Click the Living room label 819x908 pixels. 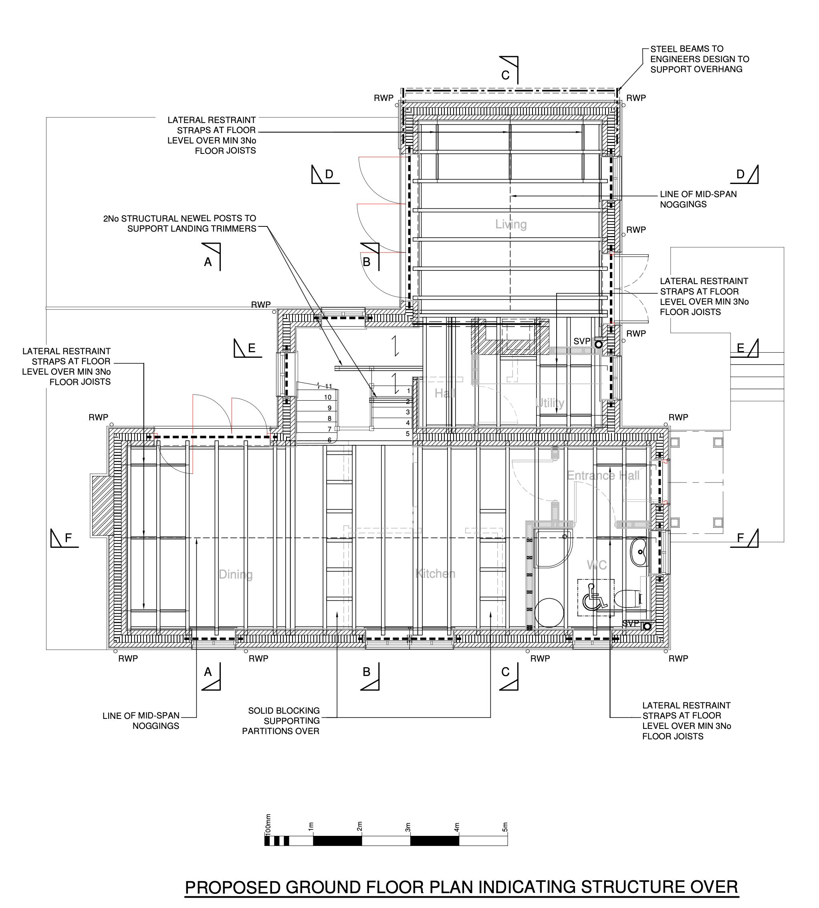(510, 224)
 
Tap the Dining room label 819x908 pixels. (235, 575)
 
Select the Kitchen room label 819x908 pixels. (435, 574)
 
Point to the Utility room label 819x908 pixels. (549, 403)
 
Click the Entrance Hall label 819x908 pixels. (603, 476)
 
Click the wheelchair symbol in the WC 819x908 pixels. (595, 597)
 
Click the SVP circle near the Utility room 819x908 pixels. (599, 344)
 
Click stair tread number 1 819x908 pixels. (409, 391)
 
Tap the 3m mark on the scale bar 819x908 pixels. (408, 827)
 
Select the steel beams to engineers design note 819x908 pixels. (699, 59)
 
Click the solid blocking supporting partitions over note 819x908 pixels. (281, 720)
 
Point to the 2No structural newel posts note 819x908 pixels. (180, 224)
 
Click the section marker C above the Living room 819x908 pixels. (505, 75)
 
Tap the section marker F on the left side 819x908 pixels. (69, 538)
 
